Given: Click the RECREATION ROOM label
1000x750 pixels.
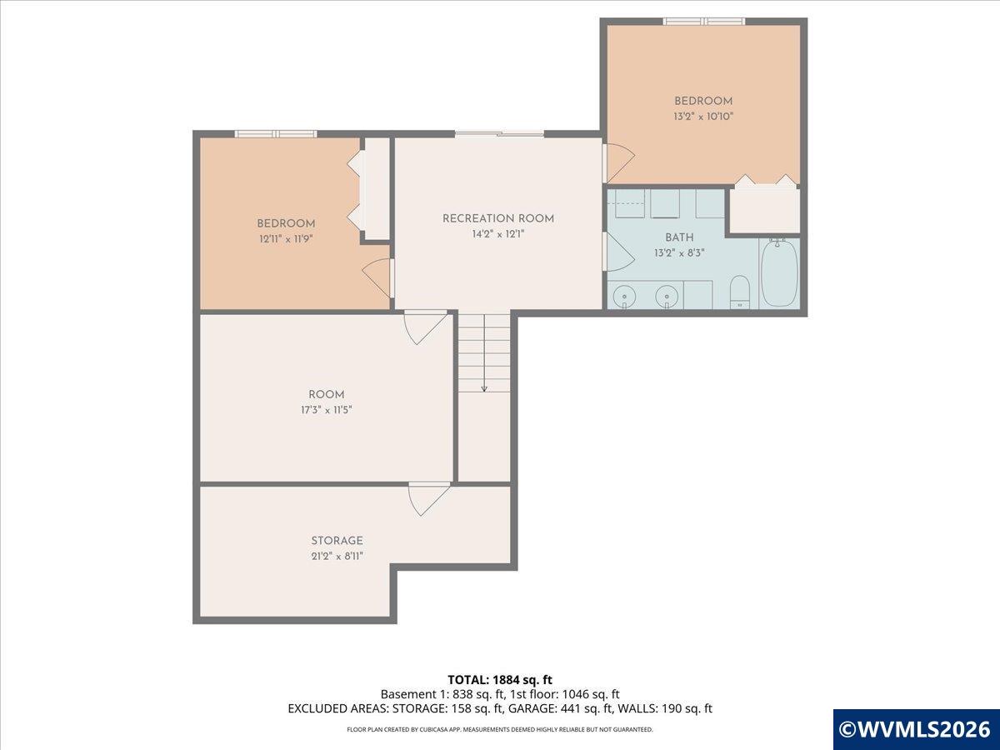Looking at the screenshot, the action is coord(498,218).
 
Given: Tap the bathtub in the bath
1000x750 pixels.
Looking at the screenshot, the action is coord(780,273).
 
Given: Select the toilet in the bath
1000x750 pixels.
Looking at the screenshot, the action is coord(740,292).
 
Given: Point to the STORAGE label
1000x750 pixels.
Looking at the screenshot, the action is coord(337,541).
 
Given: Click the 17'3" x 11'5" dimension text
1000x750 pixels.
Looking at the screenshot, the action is coord(326,410).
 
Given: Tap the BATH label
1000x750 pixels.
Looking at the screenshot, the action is coord(679,237).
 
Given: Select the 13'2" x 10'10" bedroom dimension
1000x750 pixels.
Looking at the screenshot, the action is coord(703,117).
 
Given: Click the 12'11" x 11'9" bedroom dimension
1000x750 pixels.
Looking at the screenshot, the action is coord(286,238).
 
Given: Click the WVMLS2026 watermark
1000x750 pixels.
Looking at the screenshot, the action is coord(916,729).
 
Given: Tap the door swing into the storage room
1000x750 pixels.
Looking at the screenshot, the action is coord(428,500).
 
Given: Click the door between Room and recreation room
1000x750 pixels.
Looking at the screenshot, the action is coord(425,327).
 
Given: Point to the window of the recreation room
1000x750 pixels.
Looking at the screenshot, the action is coord(500,133).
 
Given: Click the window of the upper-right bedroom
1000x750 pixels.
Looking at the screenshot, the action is coord(704,21).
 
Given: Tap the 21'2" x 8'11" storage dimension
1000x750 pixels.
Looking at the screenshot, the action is coord(337,556).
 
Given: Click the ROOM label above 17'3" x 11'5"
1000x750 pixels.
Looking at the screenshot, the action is coord(326,394).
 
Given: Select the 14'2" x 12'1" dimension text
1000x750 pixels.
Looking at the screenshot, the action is coord(498,234).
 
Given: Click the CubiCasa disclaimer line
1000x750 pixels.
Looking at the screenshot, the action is coord(500,729).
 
